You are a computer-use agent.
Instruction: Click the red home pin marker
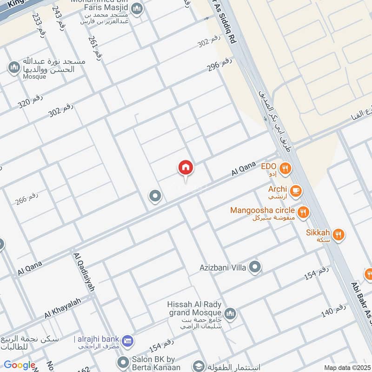point(186,168)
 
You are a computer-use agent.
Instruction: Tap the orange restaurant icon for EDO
point(286,169)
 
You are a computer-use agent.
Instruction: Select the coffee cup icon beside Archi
point(295,191)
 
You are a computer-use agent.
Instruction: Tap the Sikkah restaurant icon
point(339,235)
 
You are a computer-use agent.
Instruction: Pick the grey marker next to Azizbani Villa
point(254,267)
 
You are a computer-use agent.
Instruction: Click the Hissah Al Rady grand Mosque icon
point(230,314)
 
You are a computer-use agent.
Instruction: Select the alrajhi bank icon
point(130,340)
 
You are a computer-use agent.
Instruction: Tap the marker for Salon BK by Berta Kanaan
point(123,362)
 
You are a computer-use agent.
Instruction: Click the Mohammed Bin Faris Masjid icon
point(137,8)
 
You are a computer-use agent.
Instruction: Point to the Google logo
point(20,365)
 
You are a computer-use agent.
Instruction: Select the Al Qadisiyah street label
point(84,272)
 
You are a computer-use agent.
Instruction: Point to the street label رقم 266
point(27,199)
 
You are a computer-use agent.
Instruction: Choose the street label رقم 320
point(31,101)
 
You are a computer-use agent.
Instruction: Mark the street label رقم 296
point(219,66)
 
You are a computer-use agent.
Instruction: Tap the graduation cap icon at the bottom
point(199,366)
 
